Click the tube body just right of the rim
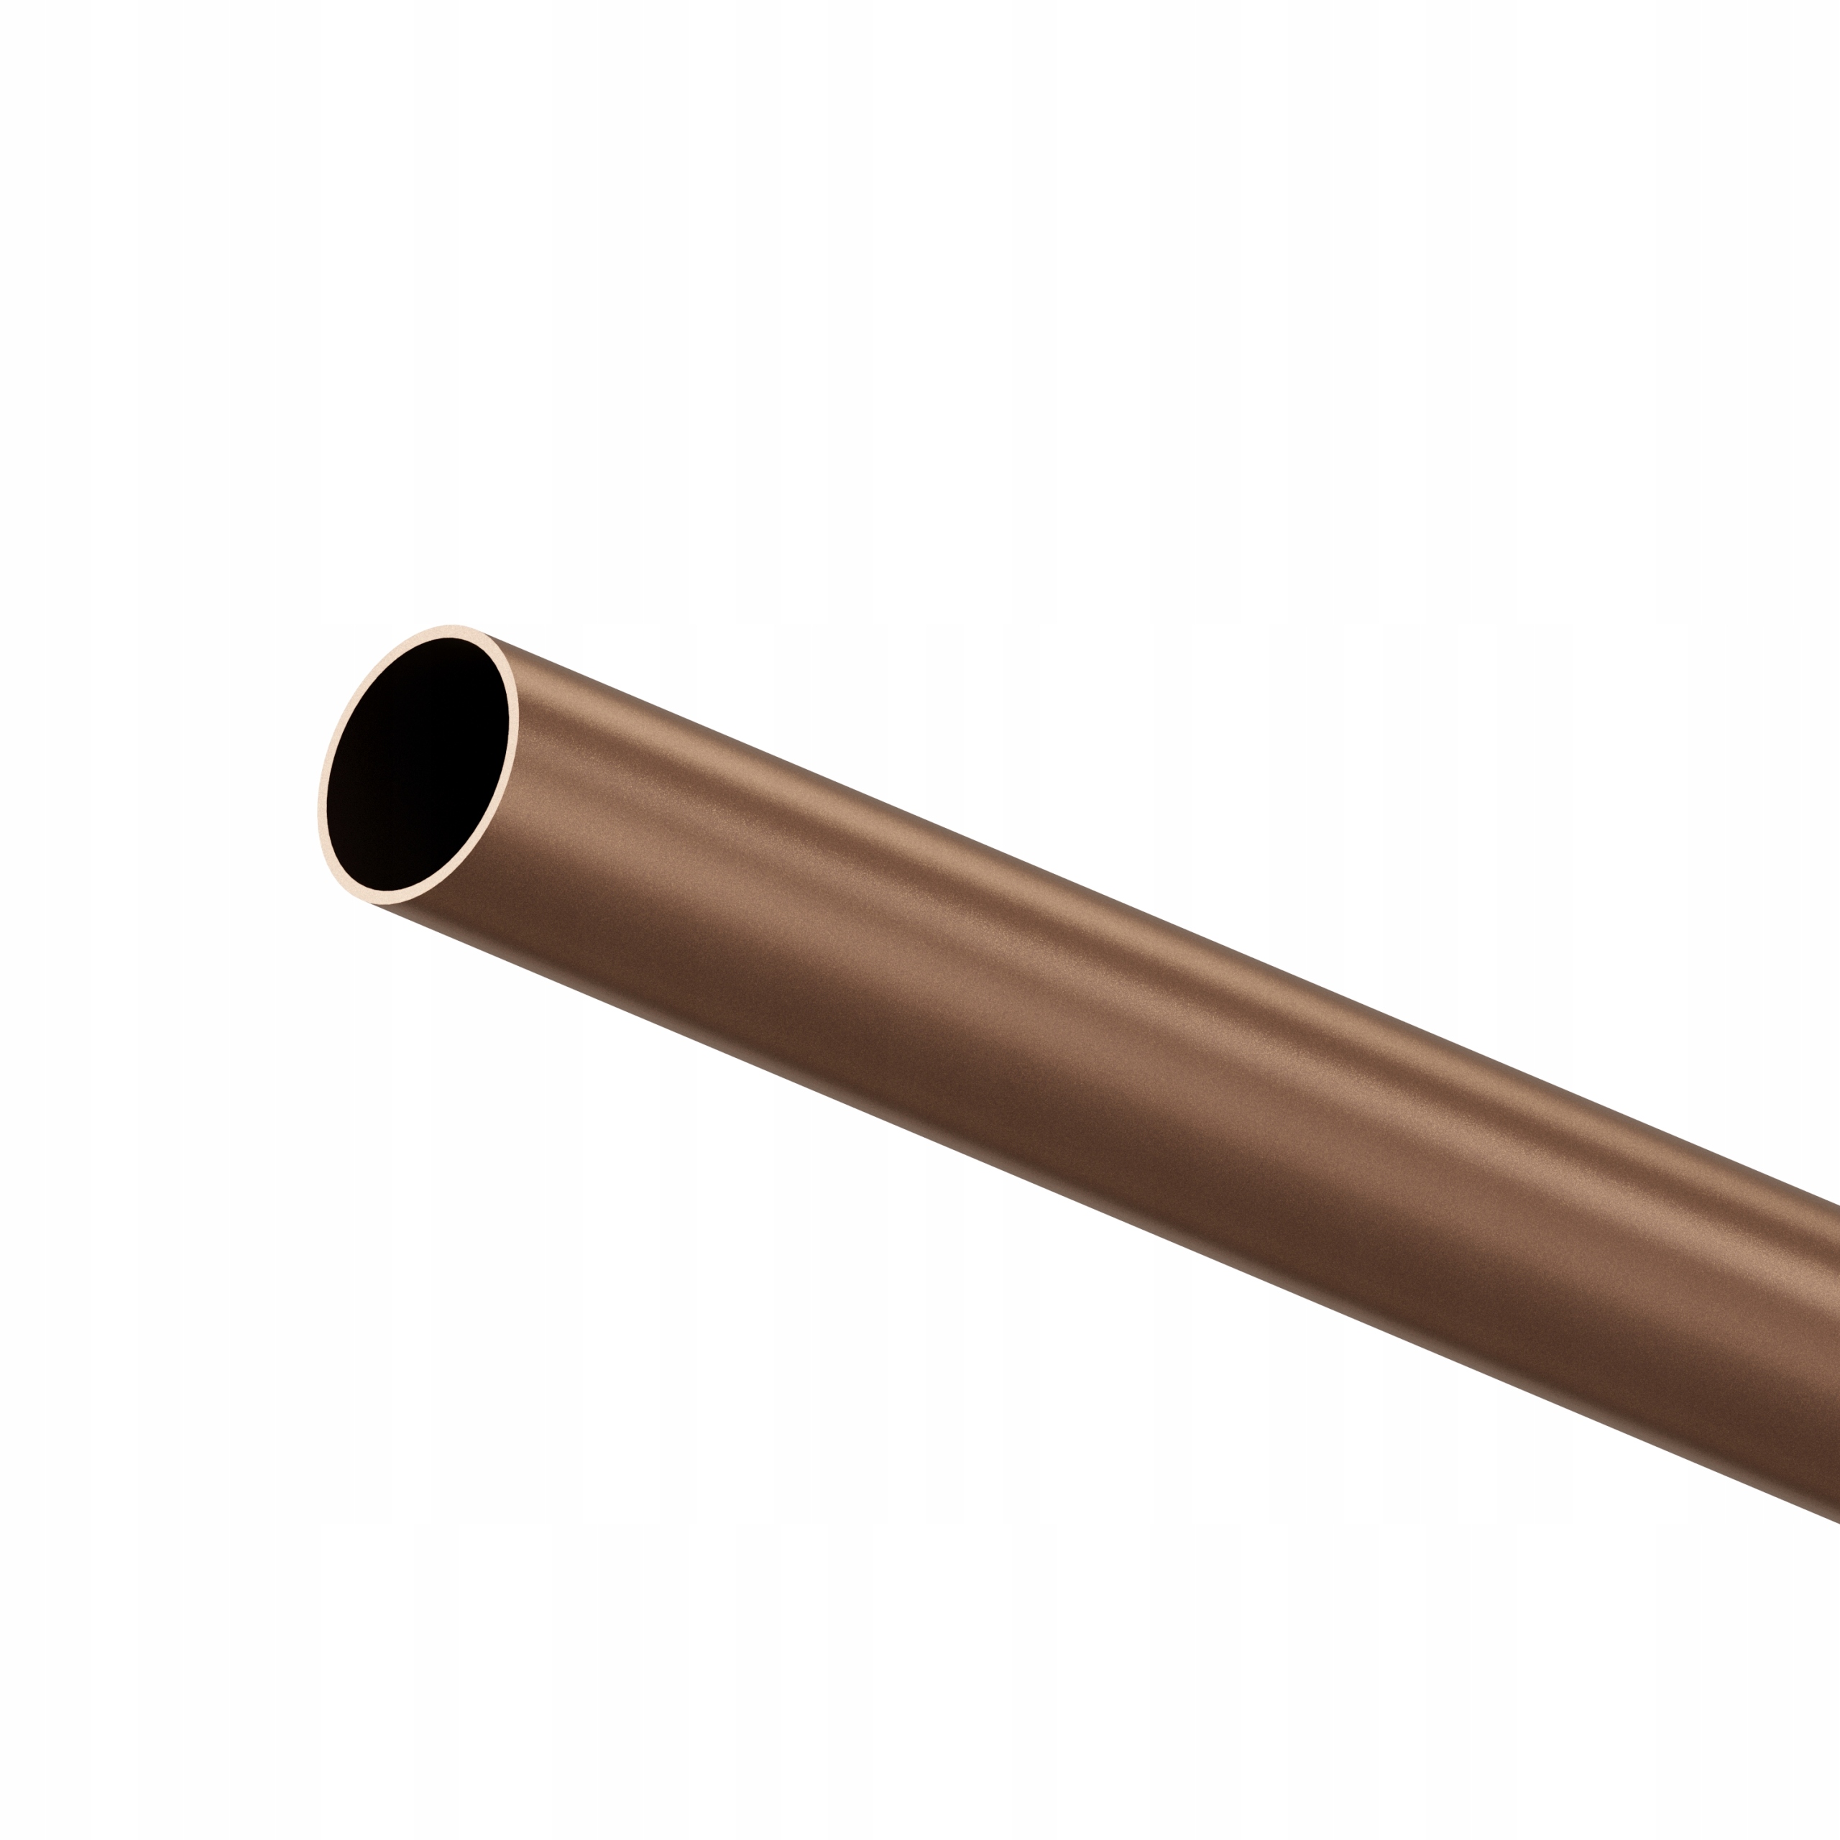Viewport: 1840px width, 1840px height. click(x=571, y=791)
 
